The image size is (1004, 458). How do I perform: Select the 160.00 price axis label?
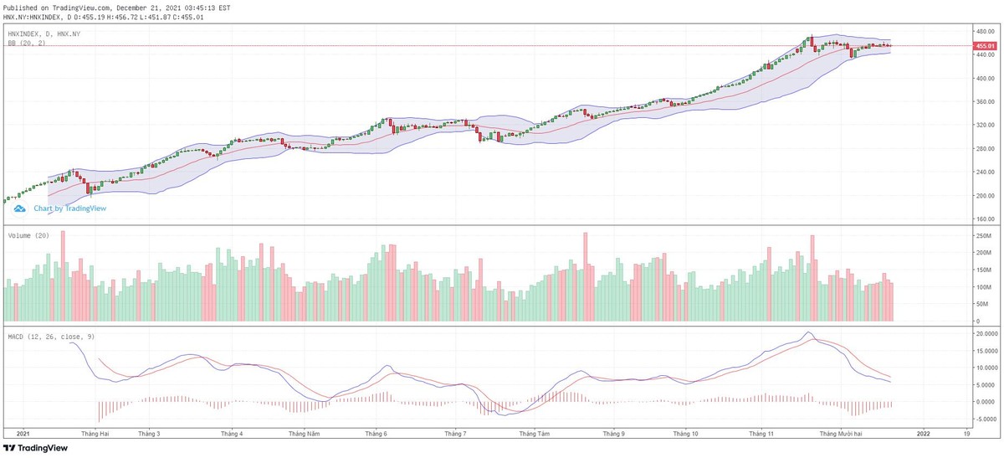coord(984,219)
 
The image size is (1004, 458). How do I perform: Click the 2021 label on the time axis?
coord(23,435)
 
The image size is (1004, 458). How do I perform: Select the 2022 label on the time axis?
coord(922,435)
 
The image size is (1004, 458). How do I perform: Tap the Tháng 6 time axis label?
coord(376,435)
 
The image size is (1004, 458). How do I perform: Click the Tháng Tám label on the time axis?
coord(534,435)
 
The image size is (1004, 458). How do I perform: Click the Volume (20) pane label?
coord(28,235)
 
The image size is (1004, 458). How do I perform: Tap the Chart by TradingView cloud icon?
coord(21,208)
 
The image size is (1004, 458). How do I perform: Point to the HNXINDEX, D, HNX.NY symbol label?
coord(44,33)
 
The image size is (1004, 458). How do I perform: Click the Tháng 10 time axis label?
coord(685,435)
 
